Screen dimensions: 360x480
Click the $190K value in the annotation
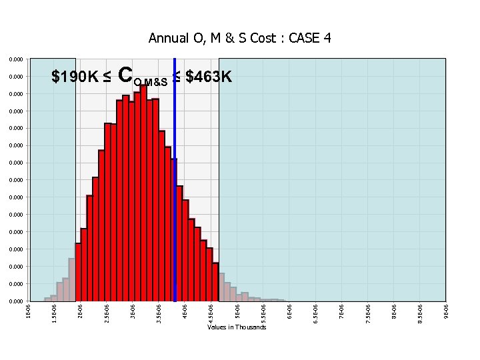(x=75, y=77)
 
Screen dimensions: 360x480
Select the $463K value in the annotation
(x=208, y=77)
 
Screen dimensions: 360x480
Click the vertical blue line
(x=174, y=200)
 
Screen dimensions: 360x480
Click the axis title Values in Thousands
(x=237, y=327)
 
